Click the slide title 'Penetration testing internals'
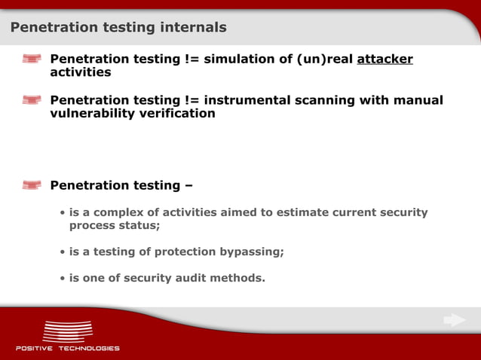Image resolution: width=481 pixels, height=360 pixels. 118,28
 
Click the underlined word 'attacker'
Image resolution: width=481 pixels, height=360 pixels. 384,59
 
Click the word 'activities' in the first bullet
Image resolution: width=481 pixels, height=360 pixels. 80,72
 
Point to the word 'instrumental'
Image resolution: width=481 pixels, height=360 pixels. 253,100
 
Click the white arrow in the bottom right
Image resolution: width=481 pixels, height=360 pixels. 454,321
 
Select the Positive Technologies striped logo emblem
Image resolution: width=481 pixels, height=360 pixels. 67,331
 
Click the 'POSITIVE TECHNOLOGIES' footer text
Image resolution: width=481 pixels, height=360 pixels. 68,349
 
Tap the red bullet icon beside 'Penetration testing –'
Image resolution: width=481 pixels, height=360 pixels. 32,185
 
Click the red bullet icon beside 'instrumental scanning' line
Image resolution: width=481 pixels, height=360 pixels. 32,100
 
